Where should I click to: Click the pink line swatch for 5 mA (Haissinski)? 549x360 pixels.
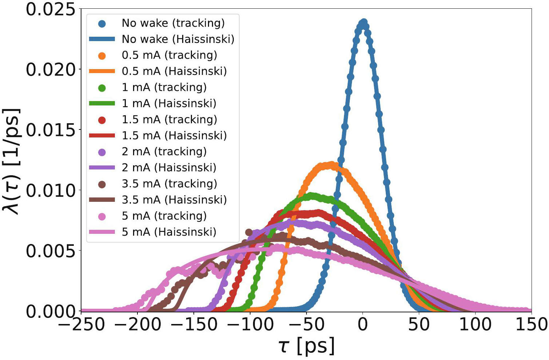click(102, 232)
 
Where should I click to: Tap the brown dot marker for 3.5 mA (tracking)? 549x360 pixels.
click(102, 184)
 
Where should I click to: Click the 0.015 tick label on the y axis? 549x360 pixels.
click(51, 130)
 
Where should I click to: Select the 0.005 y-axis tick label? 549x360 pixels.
click(51, 251)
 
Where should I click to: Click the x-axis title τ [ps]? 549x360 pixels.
click(306, 346)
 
